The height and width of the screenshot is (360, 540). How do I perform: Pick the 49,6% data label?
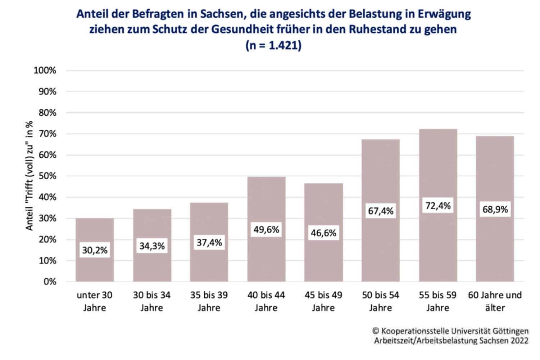266,230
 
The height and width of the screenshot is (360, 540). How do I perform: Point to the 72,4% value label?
438,206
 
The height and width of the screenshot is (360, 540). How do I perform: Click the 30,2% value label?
95,250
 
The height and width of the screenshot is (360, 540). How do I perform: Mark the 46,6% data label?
323,233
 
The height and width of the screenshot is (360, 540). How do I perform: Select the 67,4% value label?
381,211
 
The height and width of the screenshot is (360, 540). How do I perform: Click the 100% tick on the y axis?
45,71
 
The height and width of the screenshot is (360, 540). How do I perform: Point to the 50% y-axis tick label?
47,176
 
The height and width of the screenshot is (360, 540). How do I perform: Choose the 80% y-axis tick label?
47,113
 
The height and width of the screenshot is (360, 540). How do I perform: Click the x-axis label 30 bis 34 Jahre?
152,301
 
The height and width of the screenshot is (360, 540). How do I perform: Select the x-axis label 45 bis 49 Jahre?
323,301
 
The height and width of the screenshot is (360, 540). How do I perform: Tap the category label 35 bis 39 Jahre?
209,301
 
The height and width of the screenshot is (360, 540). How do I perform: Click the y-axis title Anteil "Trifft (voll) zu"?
29,176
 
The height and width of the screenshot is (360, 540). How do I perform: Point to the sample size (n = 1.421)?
273,45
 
